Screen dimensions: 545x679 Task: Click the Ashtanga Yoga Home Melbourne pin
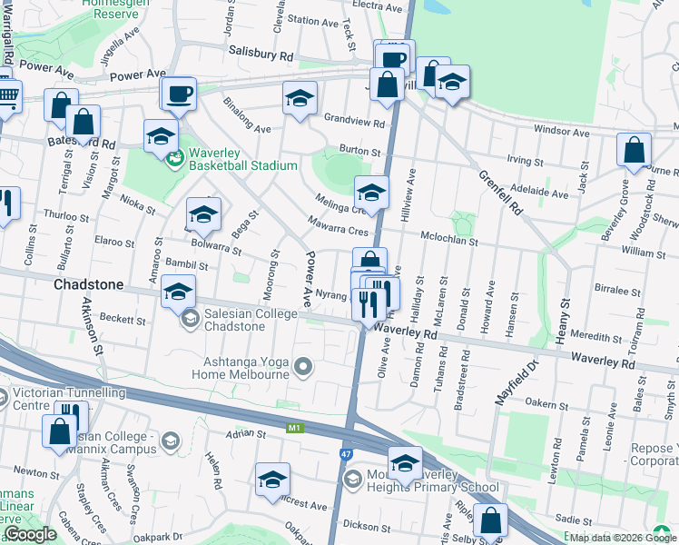click(303, 367)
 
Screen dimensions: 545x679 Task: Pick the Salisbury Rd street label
click(261, 54)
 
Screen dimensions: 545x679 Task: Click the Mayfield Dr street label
click(516, 380)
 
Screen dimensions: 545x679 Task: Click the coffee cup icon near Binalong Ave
click(178, 93)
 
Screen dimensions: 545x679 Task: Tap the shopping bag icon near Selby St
click(490, 521)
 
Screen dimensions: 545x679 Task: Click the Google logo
click(30, 534)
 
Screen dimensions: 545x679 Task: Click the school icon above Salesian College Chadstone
click(178, 293)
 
